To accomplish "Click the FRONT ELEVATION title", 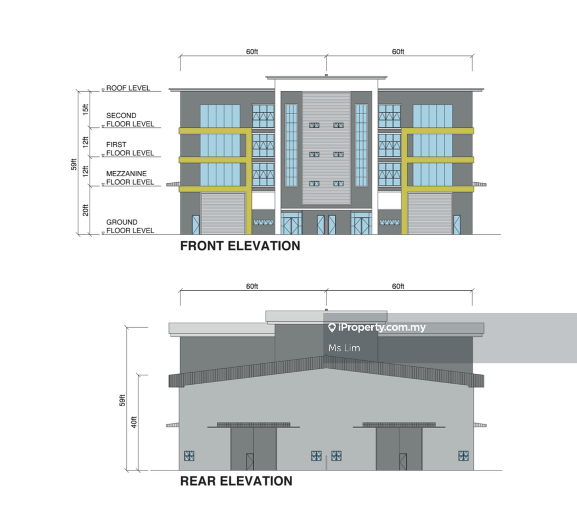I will [x=240, y=246].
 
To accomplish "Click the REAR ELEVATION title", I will [x=236, y=481].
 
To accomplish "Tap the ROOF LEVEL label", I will [x=128, y=88].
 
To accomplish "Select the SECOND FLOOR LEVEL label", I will [x=130, y=120].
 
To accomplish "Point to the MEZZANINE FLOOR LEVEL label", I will [x=130, y=178].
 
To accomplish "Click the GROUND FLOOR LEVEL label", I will [x=130, y=226].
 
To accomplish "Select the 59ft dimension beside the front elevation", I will [x=74, y=163].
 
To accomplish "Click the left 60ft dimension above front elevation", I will [x=252, y=52].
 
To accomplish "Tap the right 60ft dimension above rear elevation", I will [x=398, y=287].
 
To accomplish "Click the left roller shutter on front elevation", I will [x=223, y=214].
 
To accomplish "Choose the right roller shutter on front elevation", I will [x=429, y=214].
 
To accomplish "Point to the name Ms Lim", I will [x=344, y=348].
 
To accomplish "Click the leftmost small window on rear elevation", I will [x=189, y=455].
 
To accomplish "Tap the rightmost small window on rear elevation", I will [x=463, y=455].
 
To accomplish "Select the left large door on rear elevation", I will [x=253, y=449].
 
